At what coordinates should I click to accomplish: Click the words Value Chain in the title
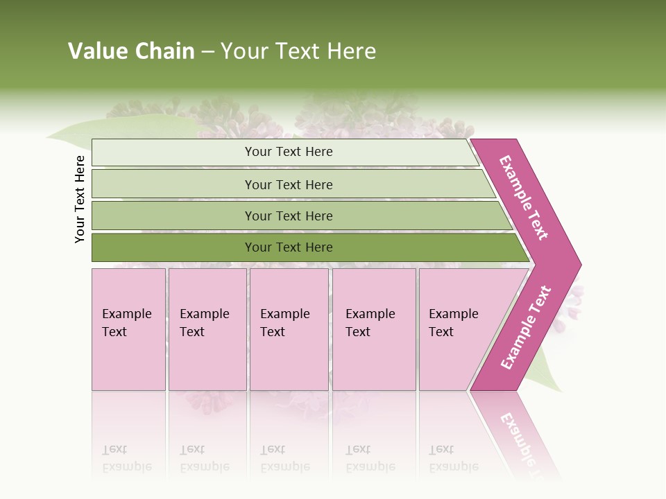click(131, 51)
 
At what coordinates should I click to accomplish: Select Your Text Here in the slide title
click(298, 51)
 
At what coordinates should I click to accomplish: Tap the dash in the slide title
click(207, 52)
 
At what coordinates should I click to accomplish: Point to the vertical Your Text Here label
click(80, 199)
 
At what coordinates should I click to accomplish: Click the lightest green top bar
click(288, 152)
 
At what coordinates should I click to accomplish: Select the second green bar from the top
click(288, 184)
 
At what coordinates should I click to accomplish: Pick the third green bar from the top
click(288, 216)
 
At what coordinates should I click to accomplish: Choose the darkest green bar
click(288, 247)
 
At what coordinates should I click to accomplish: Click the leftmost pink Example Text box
click(128, 329)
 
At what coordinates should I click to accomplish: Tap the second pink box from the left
click(207, 329)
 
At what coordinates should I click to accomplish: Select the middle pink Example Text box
click(289, 329)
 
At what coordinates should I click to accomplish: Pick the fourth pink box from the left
click(374, 329)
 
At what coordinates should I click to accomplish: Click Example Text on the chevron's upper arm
click(524, 198)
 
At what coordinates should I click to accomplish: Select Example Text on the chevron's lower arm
click(526, 327)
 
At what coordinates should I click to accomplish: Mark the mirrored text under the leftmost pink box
click(127, 458)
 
